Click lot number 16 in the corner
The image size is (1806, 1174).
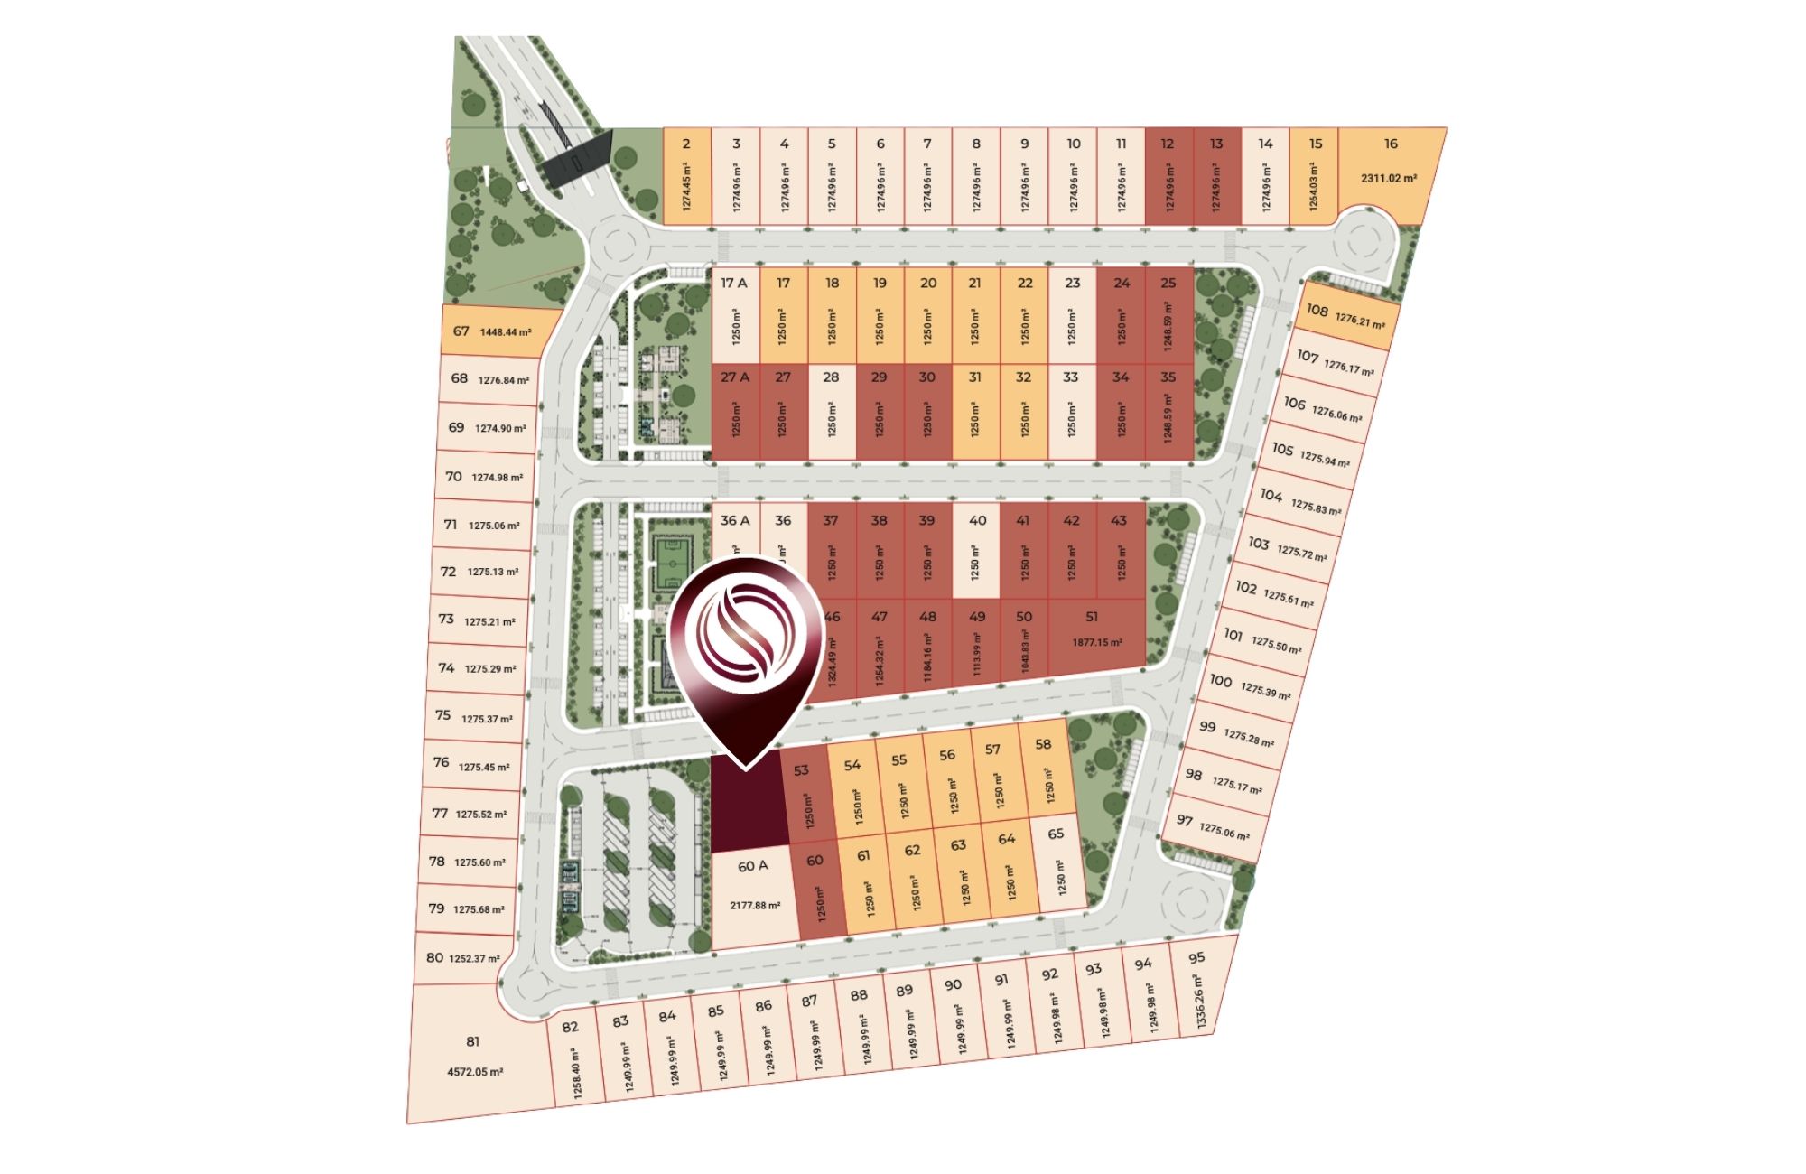pos(1391,144)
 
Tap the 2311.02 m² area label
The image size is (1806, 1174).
pos(1389,178)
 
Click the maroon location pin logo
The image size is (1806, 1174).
pos(746,641)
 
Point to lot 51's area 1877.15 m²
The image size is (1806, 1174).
pos(1097,642)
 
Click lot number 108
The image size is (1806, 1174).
pos(1317,311)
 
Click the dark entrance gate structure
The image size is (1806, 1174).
pos(578,159)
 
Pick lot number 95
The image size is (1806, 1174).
pos(1197,958)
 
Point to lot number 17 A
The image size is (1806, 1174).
pos(734,283)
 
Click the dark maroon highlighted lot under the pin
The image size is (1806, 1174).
pos(746,808)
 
